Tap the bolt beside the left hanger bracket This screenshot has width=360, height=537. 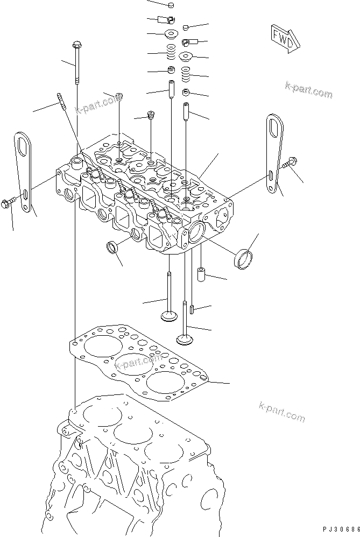[9, 203]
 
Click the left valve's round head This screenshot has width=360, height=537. [170, 314]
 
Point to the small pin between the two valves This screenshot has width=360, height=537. [191, 309]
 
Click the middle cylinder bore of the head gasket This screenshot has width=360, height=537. [131, 364]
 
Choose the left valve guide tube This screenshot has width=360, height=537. [171, 89]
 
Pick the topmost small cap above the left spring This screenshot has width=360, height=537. [171, 5]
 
